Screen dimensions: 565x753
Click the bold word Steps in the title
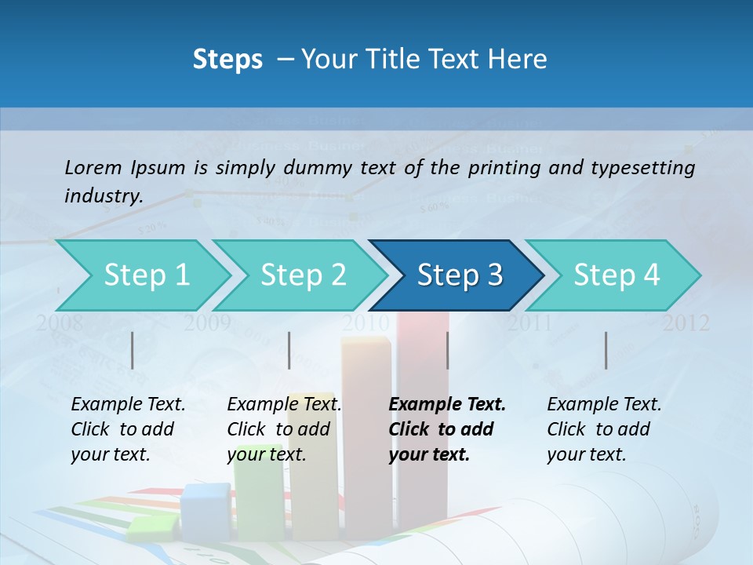click(227, 59)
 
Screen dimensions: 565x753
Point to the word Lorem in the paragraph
click(93, 167)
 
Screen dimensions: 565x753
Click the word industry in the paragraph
click(103, 196)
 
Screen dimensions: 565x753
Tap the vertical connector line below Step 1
click(133, 350)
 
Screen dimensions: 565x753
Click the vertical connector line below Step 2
click(289, 350)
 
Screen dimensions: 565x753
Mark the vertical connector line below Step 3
click(448, 350)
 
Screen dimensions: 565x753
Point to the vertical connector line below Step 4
click(606, 350)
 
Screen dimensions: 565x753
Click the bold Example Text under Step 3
click(447, 405)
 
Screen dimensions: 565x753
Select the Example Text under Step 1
click(128, 405)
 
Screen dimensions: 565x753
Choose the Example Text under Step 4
click(604, 405)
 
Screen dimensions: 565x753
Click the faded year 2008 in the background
click(59, 323)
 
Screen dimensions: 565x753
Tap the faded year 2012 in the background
click(686, 323)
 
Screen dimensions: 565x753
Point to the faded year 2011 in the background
click(529, 323)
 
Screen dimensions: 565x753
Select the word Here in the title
click(522, 59)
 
